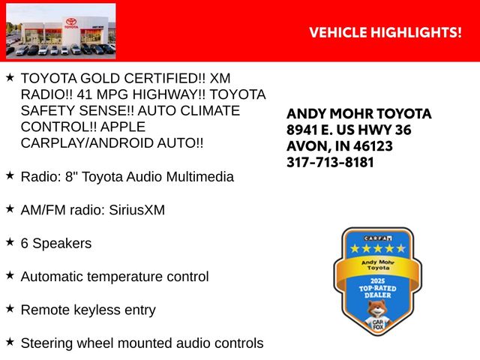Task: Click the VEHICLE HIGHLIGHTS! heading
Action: pyautogui.click(x=385, y=31)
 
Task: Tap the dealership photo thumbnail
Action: pyautogui.click(x=61, y=31)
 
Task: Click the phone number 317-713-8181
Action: pyautogui.click(x=330, y=162)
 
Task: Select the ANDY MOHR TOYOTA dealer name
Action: pyautogui.click(x=359, y=114)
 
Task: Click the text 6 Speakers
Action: pyautogui.click(x=56, y=243)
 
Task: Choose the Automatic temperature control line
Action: pyautogui.click(x=115, y=277)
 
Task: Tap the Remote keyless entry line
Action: pyautogui.click(x=88, y=310)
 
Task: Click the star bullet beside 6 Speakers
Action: pyautogui.click(x=10, y=242)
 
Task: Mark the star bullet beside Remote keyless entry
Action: pyautogui.click(x=10, y=308)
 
